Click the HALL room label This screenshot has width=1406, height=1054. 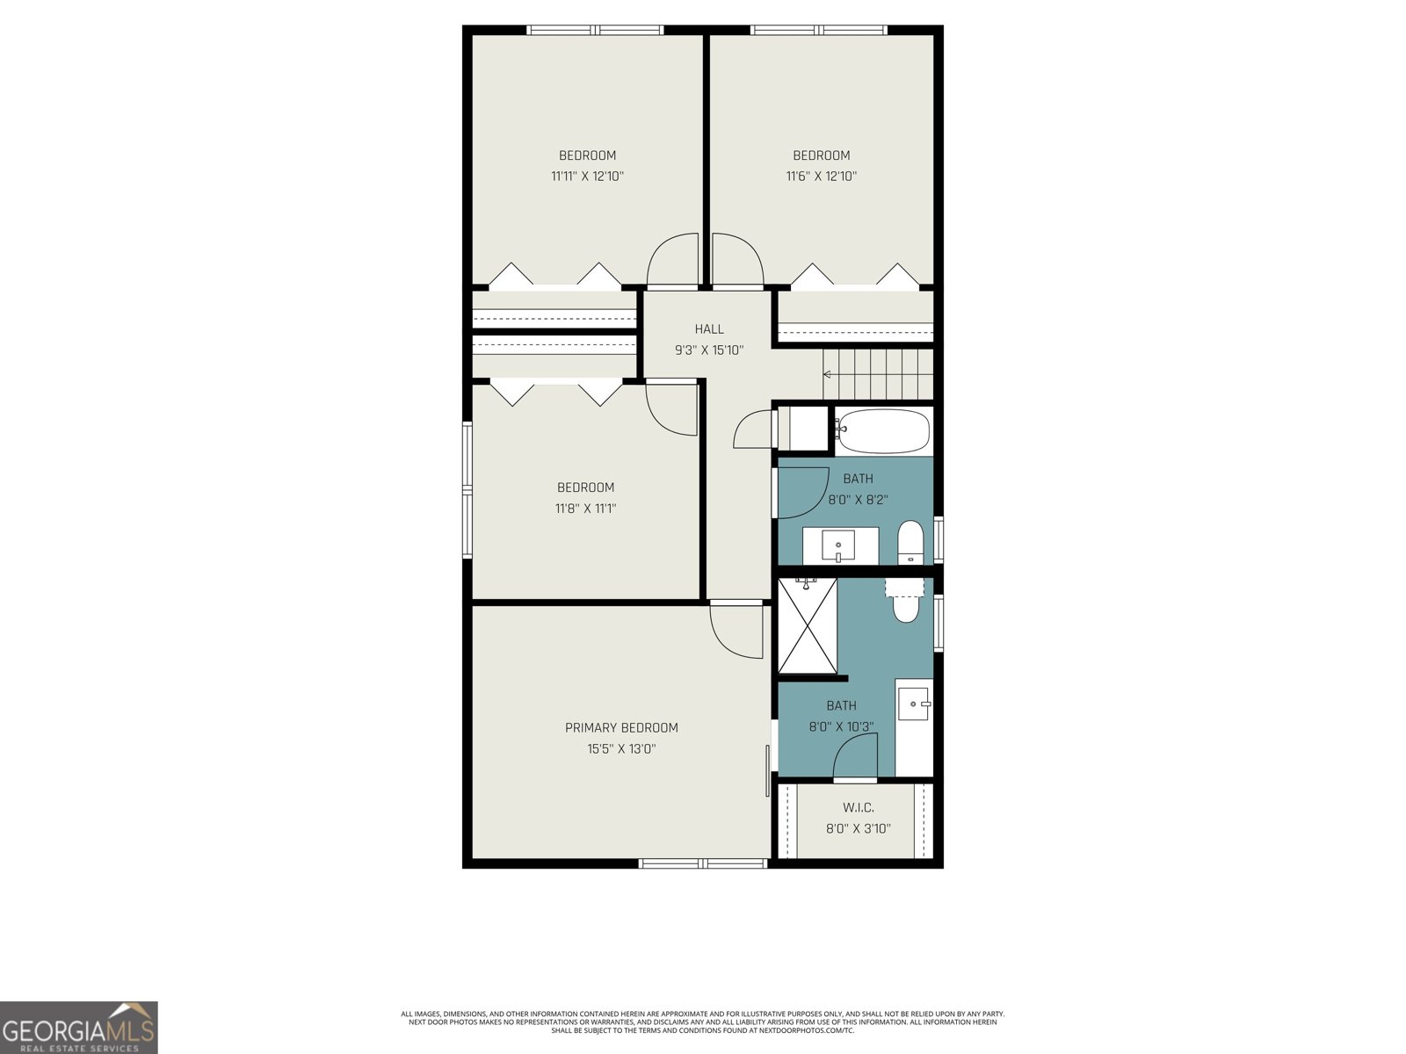point(709,329)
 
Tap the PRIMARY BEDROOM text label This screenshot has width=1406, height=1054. point(621,727)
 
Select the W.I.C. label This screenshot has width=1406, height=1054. point(858,807)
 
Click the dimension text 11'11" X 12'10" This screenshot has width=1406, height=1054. point(587,176)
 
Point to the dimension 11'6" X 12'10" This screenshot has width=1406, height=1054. point(821,176)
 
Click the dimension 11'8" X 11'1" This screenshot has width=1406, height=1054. point(585,508)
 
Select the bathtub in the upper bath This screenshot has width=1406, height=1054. point(881,430)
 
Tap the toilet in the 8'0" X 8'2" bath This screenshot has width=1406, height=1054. point(910,542)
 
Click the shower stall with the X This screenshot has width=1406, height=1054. point(808,625)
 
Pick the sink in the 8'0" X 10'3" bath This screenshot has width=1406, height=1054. point(914,704)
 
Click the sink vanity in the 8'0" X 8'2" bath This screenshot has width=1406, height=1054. point(840,546)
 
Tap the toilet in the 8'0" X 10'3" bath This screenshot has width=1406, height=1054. point(905,603)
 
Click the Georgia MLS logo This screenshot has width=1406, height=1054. point(79,1028)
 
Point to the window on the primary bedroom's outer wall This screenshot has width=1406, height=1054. point(703,863)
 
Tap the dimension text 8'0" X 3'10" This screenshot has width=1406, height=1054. point(858,828)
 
